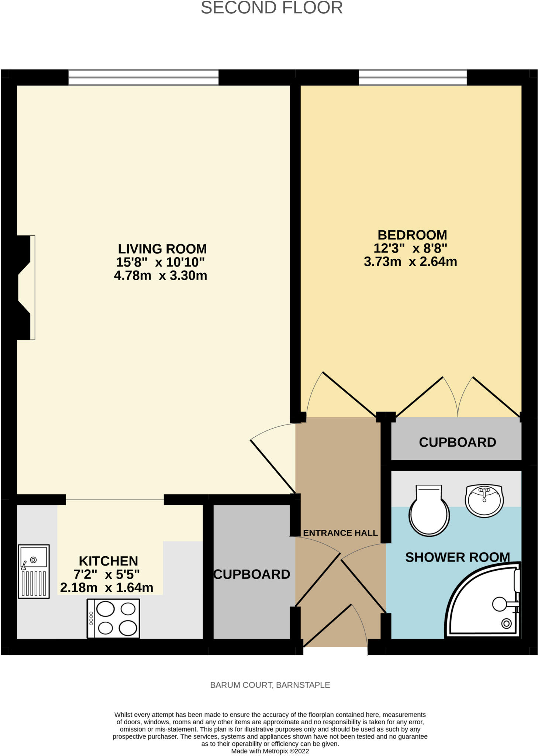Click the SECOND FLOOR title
point(272,8)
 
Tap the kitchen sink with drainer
point(34,571)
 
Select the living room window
point(143,78)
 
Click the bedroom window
point(413,78)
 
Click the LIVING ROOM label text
point(162,249)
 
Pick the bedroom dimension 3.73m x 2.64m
point(410,262)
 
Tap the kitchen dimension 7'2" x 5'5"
point(107,574)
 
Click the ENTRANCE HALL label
point(340,533)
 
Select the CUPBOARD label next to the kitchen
point(252,574)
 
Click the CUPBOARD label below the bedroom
point(457,442)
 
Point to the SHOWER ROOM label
point(457,557)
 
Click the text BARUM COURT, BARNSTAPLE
point(270,685)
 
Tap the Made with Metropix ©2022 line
point(270,751)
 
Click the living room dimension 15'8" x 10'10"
point(160,262)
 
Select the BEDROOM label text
point(412,235)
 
